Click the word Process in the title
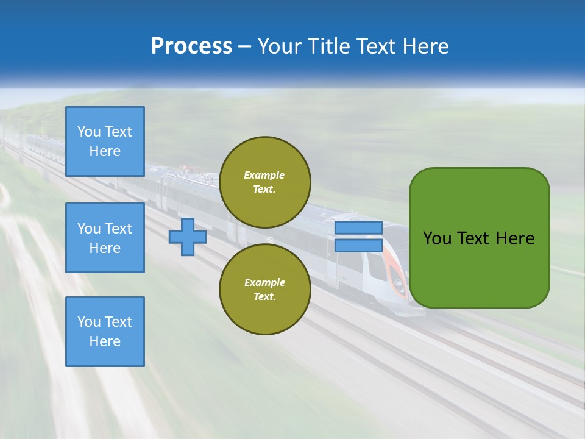(191, 46)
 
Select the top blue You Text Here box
(105, 141)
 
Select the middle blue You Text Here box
(105, 238)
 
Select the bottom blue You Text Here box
(105, 331)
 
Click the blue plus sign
(188, 237)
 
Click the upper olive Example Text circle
(264, 182)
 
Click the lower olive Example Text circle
(264, 289)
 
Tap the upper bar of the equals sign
(358, 227)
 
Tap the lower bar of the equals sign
(358, 245)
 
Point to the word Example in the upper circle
(264, 175)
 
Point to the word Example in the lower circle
(264, 282)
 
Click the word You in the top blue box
(89, 132)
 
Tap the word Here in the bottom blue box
(105, 341)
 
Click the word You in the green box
(437, 238)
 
